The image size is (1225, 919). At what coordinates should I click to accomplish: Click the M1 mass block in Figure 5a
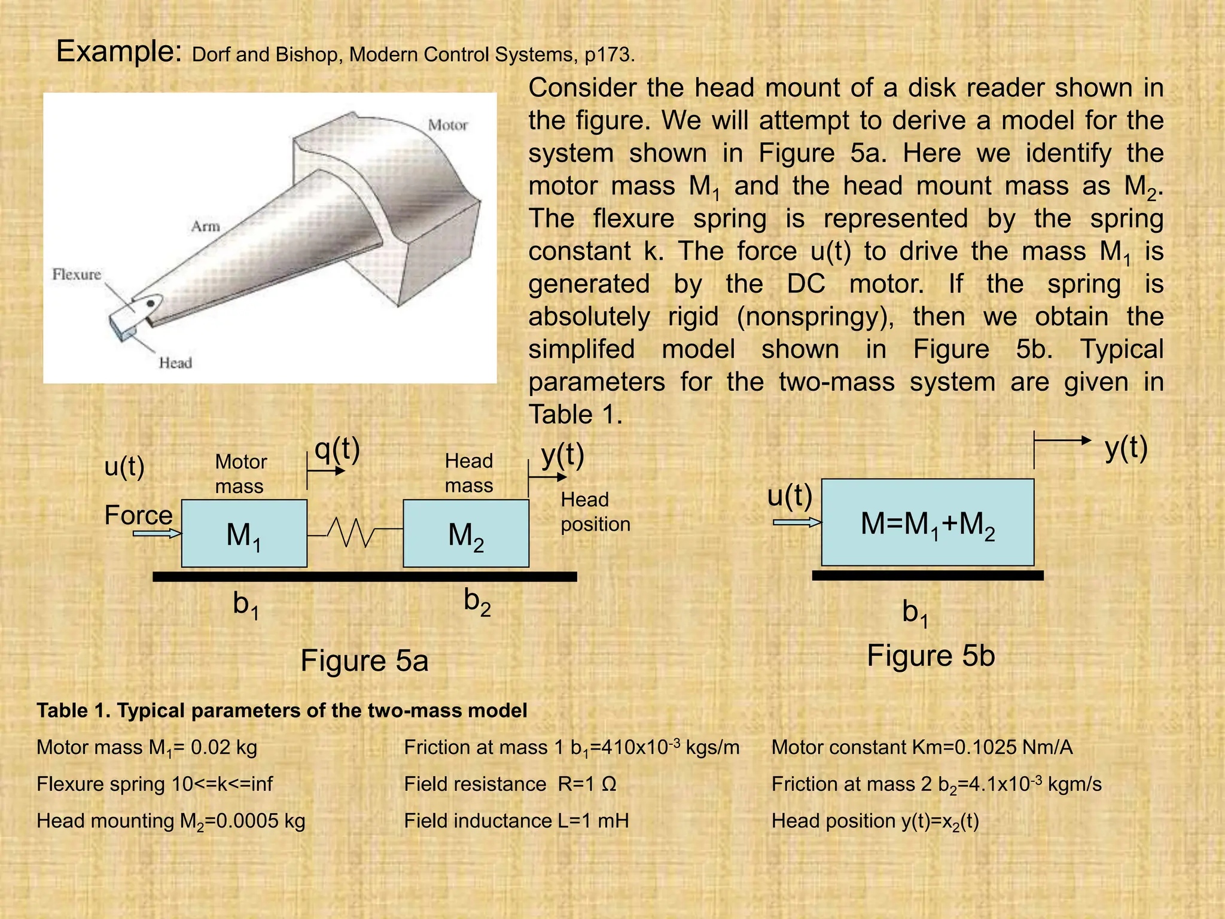[x=244, y=533]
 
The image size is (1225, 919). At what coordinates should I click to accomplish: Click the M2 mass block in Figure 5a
[x=465, y=533]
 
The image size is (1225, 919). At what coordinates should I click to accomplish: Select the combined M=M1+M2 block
[x=927, y=522]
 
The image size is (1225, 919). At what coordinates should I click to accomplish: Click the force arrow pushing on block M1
[x=157, y=532]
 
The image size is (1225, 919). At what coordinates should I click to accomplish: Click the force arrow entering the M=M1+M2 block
[x=797, y=522]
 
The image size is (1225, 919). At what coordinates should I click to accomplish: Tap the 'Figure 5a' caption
[x=364, y=661]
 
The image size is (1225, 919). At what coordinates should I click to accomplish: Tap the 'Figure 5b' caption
[x=931, y=656]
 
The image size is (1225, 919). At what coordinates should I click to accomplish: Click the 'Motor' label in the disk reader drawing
[x=447, y=125]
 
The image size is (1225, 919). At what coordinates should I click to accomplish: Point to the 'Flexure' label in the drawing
[x=77, y=274]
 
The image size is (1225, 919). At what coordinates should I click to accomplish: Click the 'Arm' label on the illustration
[x=205, y=226]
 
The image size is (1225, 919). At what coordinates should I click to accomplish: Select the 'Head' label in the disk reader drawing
[x=175, y=363]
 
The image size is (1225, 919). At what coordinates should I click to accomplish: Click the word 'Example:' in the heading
[x=119, y=51]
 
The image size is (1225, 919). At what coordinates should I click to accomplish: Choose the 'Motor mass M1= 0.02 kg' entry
[x=147, y=747]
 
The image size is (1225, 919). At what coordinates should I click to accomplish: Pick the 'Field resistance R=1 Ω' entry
[x=510, y=784]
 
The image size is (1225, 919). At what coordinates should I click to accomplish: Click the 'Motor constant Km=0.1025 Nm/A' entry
[x=922, y=747]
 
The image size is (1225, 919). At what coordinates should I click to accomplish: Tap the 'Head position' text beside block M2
[x=595, y=512]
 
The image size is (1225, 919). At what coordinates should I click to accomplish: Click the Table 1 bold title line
[x=282, y=710]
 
